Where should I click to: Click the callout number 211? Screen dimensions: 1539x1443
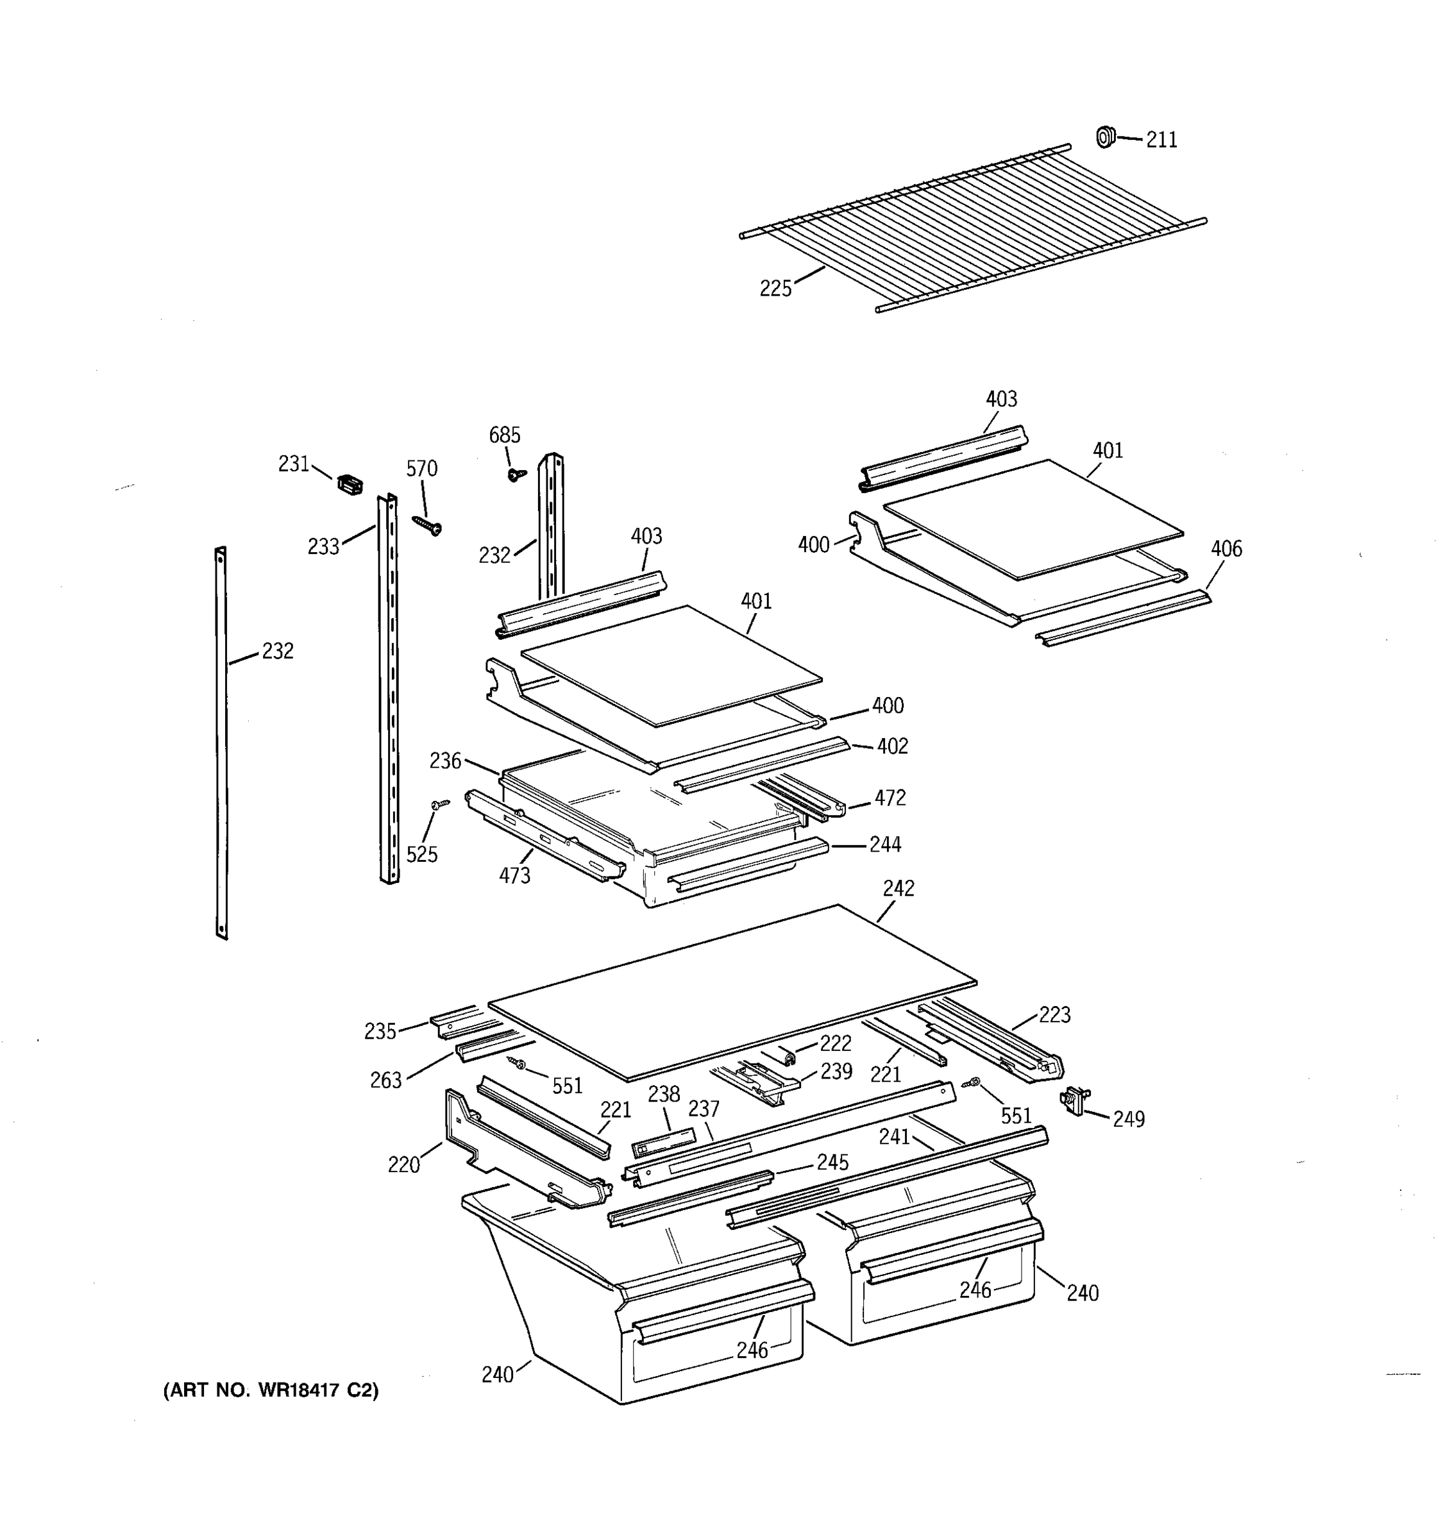pyautogui.click(x=1161, y=140)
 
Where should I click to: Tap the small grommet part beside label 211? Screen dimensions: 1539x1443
pyautogui.click(x=1106, y=137)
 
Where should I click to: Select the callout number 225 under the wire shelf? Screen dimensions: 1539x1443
pyautogui.click(x=775, y=289)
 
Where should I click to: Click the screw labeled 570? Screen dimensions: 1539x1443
pyautogui.click(x=427, y=526)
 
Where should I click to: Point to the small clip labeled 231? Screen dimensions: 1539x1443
pyautogui.click(x=350, y=485)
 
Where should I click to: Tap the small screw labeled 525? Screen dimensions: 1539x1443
pyautogui.click(x=441, y=805)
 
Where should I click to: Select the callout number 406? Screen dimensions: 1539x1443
pyautogui.click(x=1226, y=549)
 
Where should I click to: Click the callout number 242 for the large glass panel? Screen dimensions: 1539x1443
pyautogui.click(x=898, y=888)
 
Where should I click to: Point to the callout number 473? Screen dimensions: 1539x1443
pyautogui.click(x=514, y=875)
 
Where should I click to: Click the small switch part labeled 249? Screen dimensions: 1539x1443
pyautogui.click(x=1074, y=1100)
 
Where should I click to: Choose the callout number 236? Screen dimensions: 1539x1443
pyautogui.click(x=445, y=761)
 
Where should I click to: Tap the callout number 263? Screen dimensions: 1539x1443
pyautogui.click(x=385, y=1080)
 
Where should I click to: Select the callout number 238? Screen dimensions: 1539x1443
pyautogui.click(x=663, y=1094)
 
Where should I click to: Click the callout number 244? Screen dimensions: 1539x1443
pyautogui.click(x=885, y=845)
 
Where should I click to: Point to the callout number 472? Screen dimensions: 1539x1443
pyautogui.click(x=890, y=798)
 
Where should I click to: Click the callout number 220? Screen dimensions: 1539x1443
pyautogui.click(x=403, y=1165)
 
